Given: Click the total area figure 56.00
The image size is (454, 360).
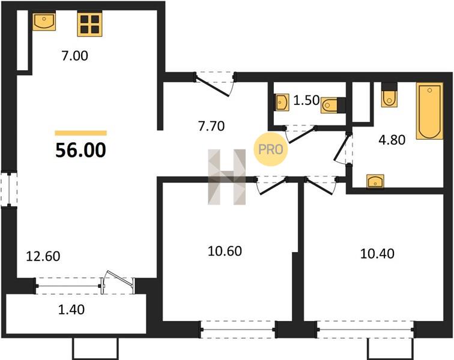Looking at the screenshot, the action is pyautogui.click(x=81, y=151).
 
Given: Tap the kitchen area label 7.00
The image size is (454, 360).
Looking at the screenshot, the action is pyautogui.click(x=74, y=56).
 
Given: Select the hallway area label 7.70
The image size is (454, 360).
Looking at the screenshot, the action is pyautogui.click(x=211, y=126).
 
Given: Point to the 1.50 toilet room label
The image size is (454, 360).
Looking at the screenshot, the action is pyautogui.click(x=306, y=101).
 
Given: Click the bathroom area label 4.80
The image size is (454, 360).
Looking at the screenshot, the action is pyautogui.click(x=392, y=140).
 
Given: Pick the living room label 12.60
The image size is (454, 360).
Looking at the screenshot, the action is pyautogui.click(x=43, y=256).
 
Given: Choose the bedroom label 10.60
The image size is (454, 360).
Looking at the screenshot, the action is pyautogui.click(x=225, y=251).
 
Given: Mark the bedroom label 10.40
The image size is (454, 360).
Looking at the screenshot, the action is pyautogui.click(x=377, y=254).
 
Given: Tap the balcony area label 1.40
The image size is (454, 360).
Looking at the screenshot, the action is pyautogui.click(x=71, y=310).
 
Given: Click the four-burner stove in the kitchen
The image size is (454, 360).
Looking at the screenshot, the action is pyautogui.click(x=89, y=25).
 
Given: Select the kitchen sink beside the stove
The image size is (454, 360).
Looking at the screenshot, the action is pyautogui.click(x=44, y=21).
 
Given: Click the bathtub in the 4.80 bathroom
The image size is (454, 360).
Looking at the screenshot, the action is pyautogui.click(x=430, y=111).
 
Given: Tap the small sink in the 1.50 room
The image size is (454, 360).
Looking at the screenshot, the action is pyautogui.click(x=282, y=102).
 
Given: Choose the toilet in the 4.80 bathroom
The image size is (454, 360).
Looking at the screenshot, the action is pyautogui.click(x=389, y=95).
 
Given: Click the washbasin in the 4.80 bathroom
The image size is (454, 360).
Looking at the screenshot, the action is pyautogui.click(x=375, y=181).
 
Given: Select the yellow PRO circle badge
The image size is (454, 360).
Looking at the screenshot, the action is pyautogui.click(x=271, y=149).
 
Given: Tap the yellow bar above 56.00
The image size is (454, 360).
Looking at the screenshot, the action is pyautogui.click(x=81, y=133).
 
